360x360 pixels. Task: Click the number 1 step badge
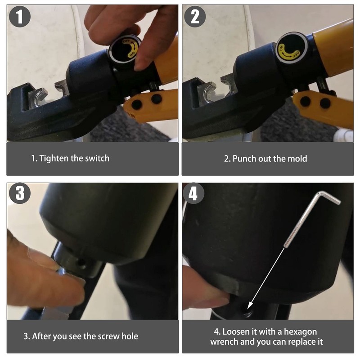click(x=20, y=17)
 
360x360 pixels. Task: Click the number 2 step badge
click(x=195, y=17)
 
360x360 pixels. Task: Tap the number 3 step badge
click(x=20, y=193)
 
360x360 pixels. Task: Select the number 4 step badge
click(x=193, y=193)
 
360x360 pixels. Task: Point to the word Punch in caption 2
click(x=244, y=159)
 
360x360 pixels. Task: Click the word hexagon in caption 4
click(x=300, y=332)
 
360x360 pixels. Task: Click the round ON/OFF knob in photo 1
click(x=125, y=49)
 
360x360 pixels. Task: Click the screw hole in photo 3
click(x=81, y=262)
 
